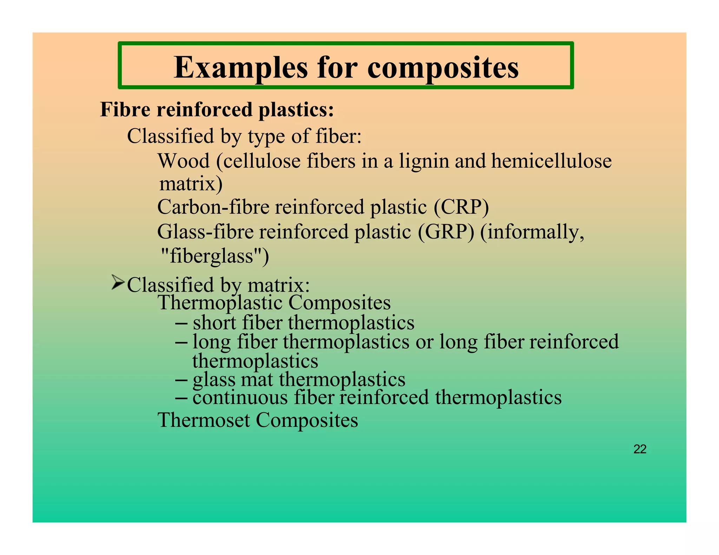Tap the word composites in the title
(443, 68)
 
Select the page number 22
(640, 449)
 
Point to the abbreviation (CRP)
(461, 207)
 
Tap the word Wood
(183, 161)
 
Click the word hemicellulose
(551, 161)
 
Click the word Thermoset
(204, 420)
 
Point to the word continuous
(240, 398)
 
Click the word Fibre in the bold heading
(125, 109)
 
